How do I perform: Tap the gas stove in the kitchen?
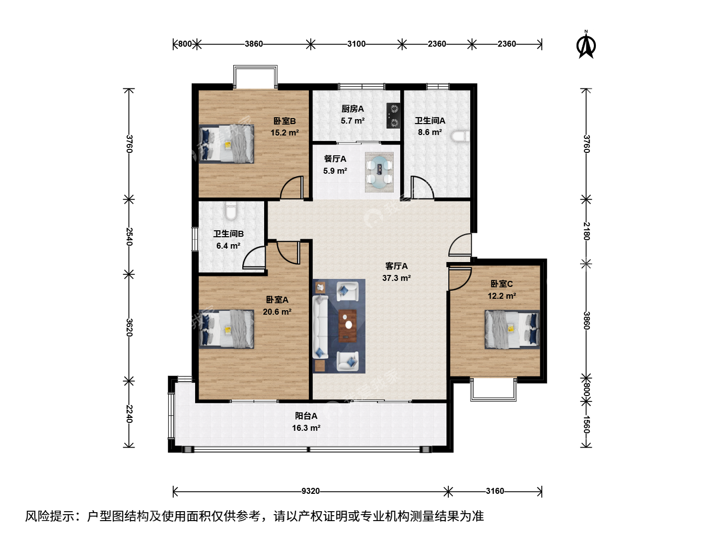coord(393,116)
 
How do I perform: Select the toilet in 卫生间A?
coord(461,136)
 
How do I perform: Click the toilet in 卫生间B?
coord(231,210)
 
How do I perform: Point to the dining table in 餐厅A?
coord(379,172)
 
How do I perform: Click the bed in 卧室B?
coord(226,144)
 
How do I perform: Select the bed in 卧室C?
coord(512,330)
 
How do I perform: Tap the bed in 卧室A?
coord(226,329)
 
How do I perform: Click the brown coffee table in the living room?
coord(348,326)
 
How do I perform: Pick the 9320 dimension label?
coord(310,491)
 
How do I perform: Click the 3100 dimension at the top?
coord(357,44)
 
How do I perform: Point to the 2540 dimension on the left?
coord(129,237)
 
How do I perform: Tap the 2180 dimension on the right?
coord(586,231)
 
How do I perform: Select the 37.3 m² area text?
coord(396,278)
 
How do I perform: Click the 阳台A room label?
coord(306,415)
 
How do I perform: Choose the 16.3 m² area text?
coord(306,428)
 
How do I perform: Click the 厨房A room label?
coord(353,109)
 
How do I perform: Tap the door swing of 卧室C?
coord(460,278)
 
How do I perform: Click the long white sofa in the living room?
coord(320,327)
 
